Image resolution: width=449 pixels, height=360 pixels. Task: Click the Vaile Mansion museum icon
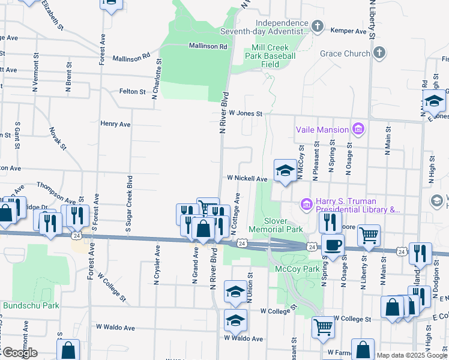tap(358, 129)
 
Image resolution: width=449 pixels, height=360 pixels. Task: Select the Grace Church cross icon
tap(379, 53)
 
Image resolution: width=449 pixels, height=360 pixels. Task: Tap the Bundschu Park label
tap(31, 305)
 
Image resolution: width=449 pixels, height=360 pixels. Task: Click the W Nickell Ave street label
tap(247, 179)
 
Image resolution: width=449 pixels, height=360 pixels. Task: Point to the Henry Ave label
tap(115, 124)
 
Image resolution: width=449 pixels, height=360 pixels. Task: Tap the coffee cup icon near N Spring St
tap(333, 245)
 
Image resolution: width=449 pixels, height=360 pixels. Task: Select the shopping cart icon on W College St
tap(323, 328)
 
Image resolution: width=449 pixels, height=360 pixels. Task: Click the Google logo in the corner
tap(19, 353)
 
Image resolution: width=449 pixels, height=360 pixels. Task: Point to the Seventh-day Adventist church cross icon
tap(318, 26)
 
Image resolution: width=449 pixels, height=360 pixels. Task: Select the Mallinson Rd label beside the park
tap(208, 46)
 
